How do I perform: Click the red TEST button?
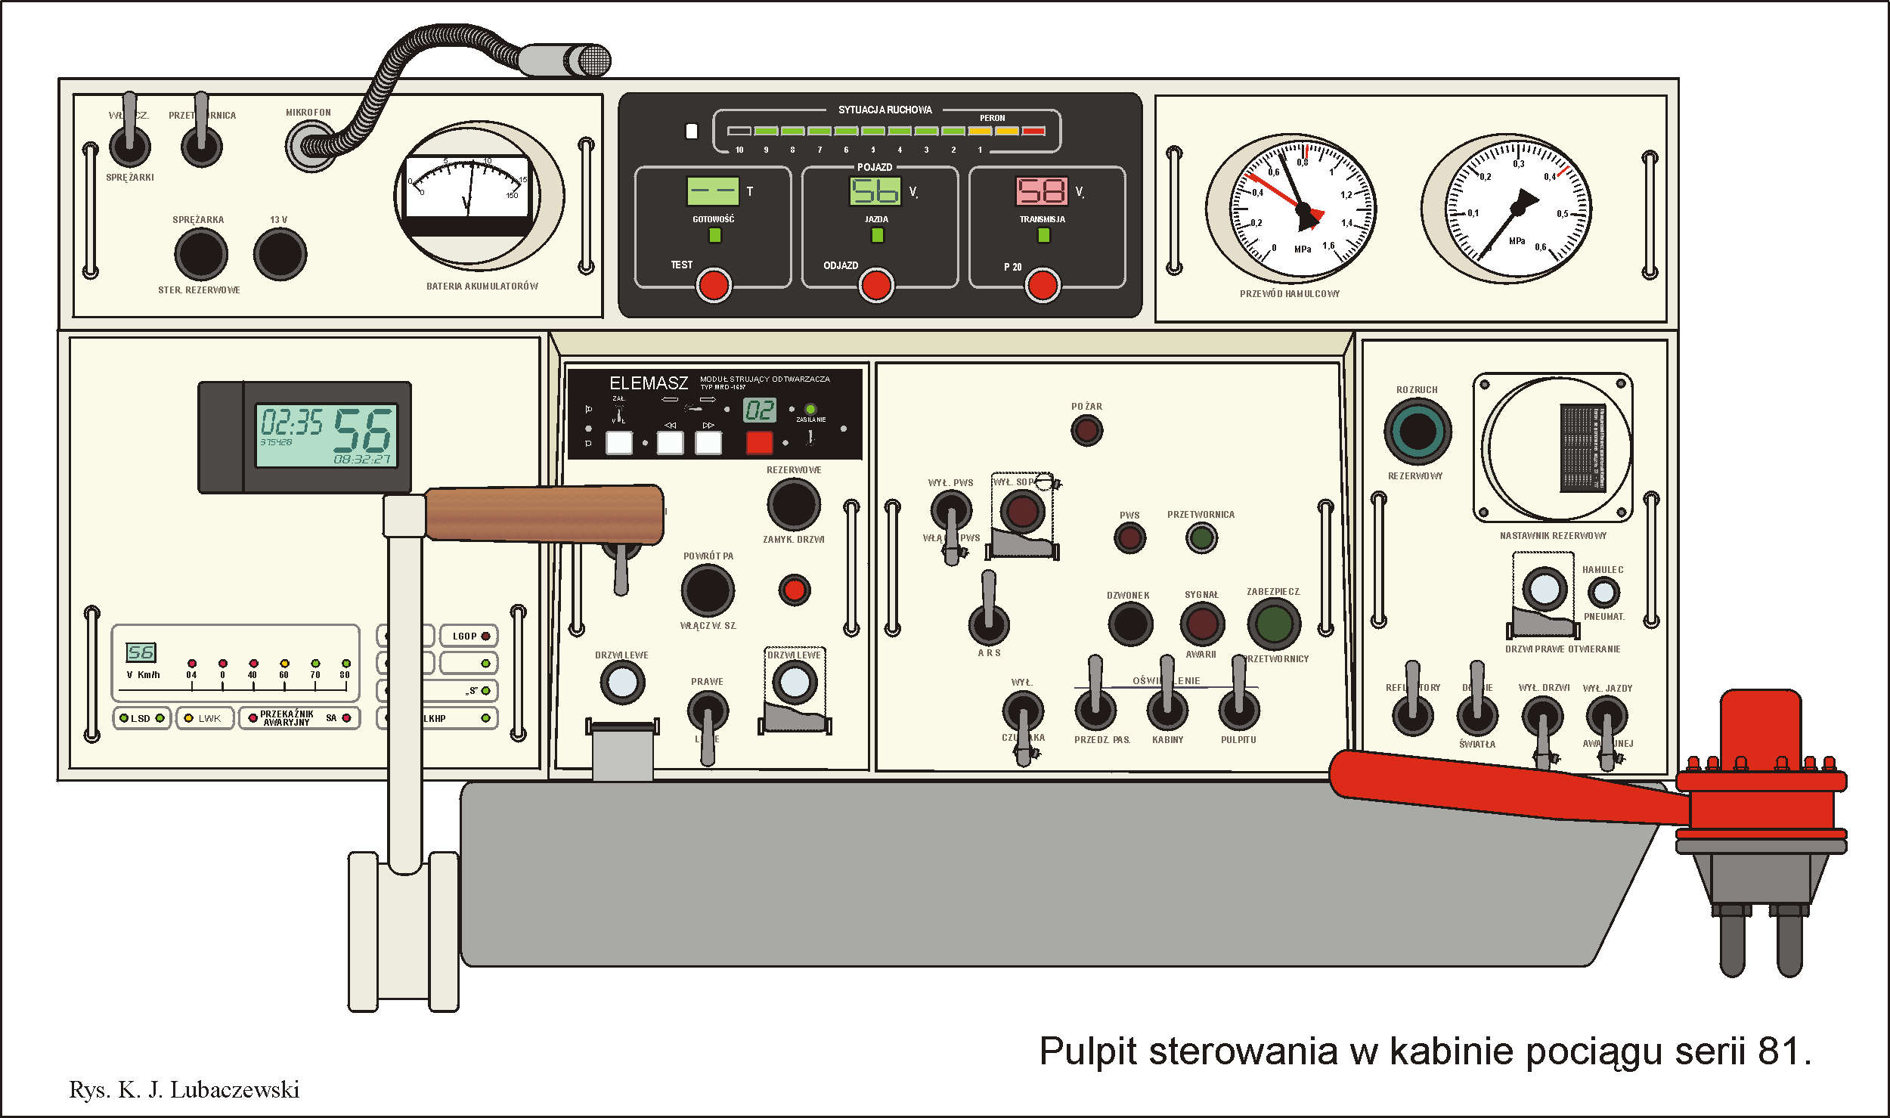tap(713, 286)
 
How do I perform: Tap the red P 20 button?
tap(1043, 286)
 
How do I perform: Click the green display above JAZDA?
tap(875, 190)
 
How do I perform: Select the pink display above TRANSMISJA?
tap(1042, 190)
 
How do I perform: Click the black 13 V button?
tap(280, 254)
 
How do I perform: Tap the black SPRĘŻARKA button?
tap(201, 254)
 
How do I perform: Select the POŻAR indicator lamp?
tap(1086, 431)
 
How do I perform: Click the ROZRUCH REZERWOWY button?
tap(1417, 432)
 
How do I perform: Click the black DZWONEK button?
tap(1130, 624)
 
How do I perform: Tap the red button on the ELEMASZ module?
tap(759, 442)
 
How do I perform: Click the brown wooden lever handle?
tap(544, 514)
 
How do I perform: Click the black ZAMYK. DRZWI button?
tap(794, 504)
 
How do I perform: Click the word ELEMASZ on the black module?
tap(649, 383)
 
